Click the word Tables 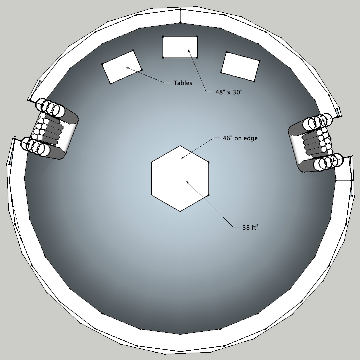pos(183,83)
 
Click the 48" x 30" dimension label pos(229,92)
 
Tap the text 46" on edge pos(240,138)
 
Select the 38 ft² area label pos(251,227)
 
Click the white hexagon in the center pos(180,179)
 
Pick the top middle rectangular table pos(180,47)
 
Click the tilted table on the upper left pos(122,67)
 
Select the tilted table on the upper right pos(240,66)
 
